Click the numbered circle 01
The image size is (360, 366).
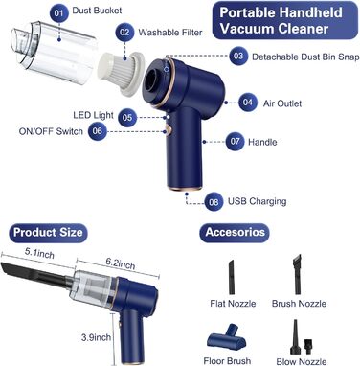(58, 13)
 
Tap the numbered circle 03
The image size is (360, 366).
(238, 57)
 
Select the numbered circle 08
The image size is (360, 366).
(214, 202)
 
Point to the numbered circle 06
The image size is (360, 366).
(98, 131)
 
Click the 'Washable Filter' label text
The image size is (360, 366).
(170, 33)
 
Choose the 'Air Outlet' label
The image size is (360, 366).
(282, 103)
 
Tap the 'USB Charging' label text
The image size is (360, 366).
(257, 201)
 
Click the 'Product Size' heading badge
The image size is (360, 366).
(48, 233)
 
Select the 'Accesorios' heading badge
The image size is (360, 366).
(235, 233)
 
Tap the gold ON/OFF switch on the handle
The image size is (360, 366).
(166, 131)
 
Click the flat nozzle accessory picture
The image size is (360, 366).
(232, 277)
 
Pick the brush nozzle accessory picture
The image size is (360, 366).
(297, 274)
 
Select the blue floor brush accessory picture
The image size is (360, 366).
(227, 337)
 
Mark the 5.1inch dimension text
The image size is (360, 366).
(39, 254)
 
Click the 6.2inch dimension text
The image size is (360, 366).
(121, 263)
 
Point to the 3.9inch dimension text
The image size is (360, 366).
(96, 337)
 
